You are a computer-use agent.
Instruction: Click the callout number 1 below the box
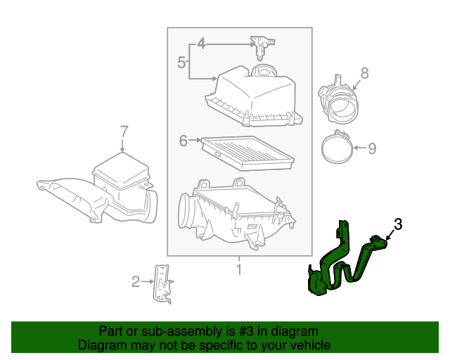[x=238, y=269]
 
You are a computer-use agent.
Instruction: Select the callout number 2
[x=136, y=282]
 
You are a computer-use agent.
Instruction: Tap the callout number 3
[x=398, y=224]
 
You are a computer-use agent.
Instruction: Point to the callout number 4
[x=201, y=44]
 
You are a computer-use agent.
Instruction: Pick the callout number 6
[x=184, y=141]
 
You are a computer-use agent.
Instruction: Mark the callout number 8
[x=364, y=72]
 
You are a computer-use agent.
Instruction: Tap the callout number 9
[x=372, y=148]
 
